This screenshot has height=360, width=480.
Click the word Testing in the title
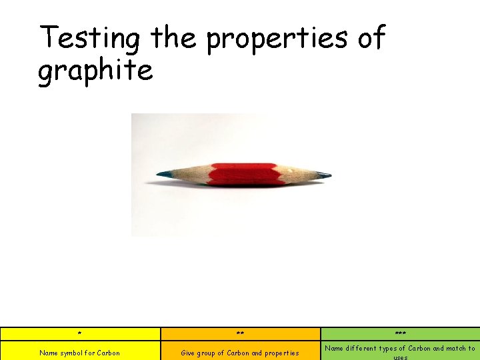pos(89,39)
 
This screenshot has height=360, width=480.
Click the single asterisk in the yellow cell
pos(79,334)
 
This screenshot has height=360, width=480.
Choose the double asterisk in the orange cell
pos(240,334)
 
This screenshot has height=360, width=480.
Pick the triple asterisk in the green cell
pos(400,334)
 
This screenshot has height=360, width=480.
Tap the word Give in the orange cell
pos(187,353)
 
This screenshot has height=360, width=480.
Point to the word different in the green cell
pos(363,348)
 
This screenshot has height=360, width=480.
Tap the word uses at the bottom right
pos(400,357)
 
